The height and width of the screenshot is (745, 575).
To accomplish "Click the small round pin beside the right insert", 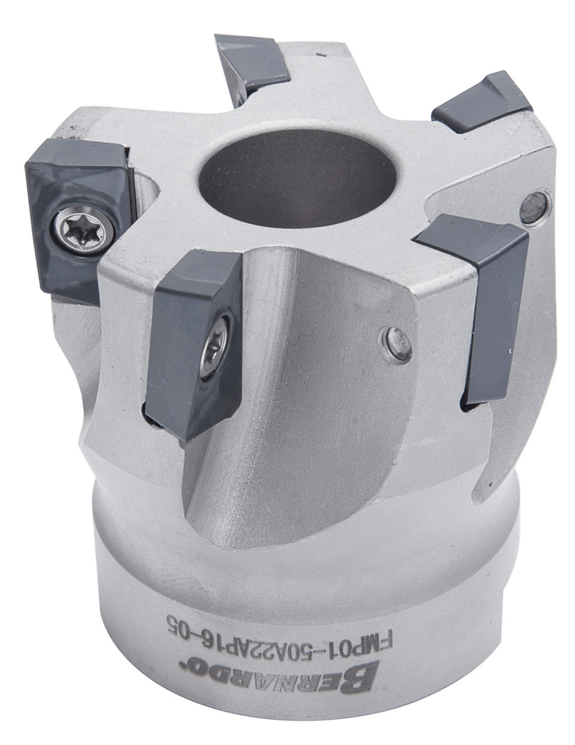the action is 533,207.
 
